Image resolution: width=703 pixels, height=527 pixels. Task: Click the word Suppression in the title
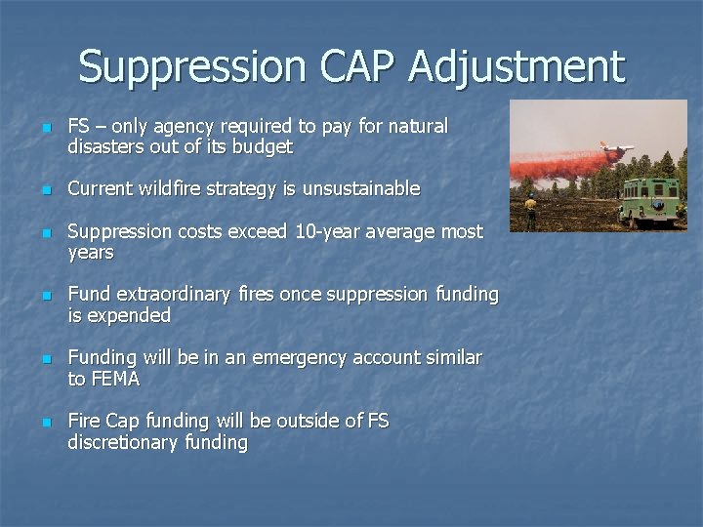[x=191, y=67]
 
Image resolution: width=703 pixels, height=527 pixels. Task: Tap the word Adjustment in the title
[x=517, y=67]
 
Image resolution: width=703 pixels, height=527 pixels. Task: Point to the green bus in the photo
[x=652, y=200]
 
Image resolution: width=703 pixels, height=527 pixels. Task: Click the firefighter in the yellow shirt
[x=530, y=210]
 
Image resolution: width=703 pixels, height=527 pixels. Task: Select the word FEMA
[x=114, y=379]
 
